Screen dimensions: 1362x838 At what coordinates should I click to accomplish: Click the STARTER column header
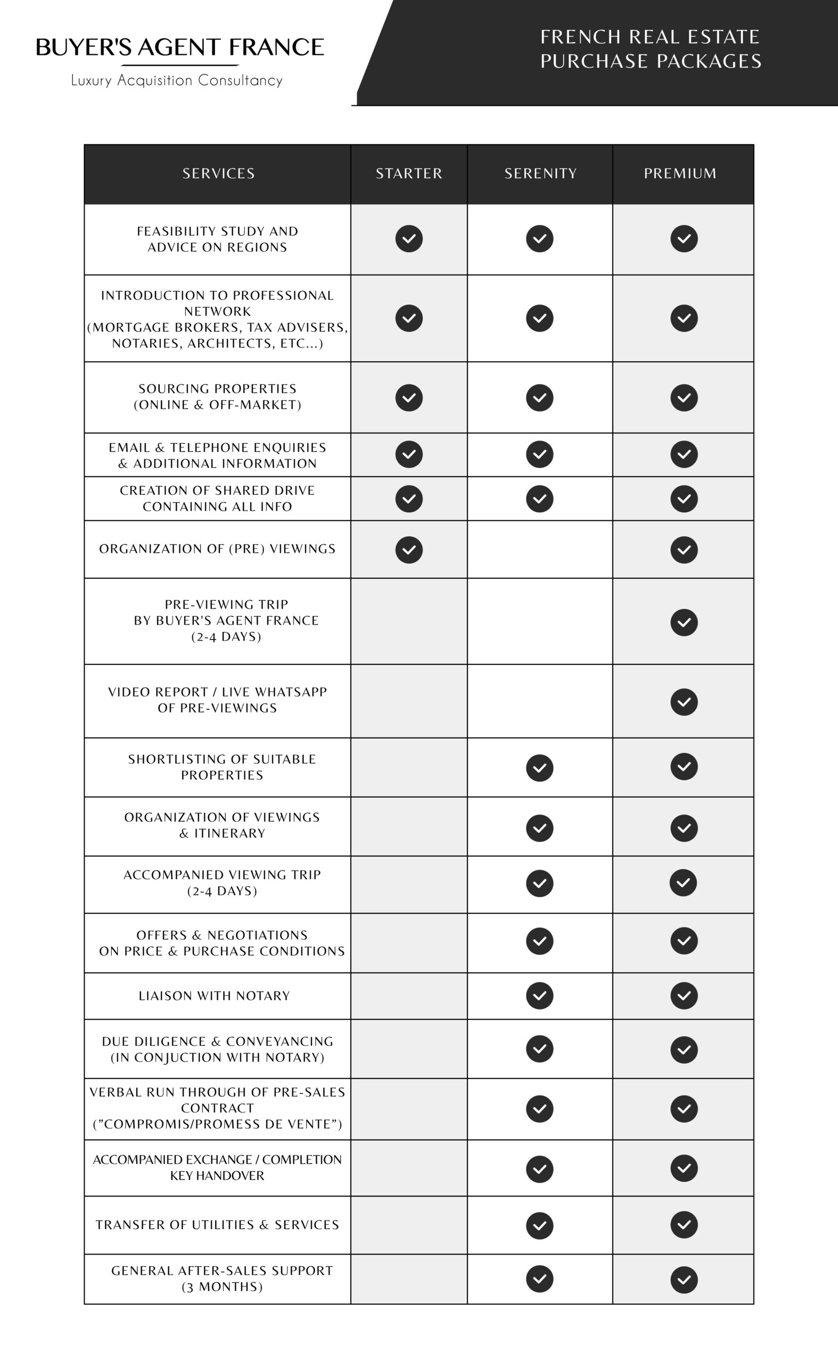[409, 173]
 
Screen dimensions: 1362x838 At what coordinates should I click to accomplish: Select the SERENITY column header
[540, 173]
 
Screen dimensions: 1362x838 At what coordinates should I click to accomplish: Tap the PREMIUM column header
[680, 173]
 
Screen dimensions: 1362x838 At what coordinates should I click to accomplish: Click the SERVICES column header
[218, 173]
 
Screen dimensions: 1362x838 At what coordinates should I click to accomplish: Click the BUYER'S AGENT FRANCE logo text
[179, 48]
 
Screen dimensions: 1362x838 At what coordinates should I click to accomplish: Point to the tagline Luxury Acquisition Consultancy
[177, 81]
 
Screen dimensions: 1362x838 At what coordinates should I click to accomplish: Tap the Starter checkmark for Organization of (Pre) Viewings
[409, 550]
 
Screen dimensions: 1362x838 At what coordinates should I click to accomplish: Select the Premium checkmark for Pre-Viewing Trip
[684, 622]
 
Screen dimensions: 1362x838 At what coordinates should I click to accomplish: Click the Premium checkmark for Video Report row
[684, 702]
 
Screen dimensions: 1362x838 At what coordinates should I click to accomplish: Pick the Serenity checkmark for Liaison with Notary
[540, 995]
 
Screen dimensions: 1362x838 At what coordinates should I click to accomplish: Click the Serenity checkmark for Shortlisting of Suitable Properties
[540, 768]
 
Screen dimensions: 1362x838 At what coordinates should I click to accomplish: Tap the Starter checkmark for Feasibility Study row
[409, 239]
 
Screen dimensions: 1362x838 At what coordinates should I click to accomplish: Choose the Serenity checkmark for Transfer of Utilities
[540, 1225]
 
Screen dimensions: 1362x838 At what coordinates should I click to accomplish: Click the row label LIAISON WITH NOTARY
[215, 996]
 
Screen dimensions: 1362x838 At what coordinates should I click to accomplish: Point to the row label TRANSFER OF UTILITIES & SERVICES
[217, 1225]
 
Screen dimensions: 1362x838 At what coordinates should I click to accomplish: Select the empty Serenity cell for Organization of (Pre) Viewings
[540, 550]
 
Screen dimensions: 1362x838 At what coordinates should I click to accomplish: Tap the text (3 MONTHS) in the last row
[221, 1286]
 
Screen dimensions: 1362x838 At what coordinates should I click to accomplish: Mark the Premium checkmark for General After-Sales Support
[684, 1280]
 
